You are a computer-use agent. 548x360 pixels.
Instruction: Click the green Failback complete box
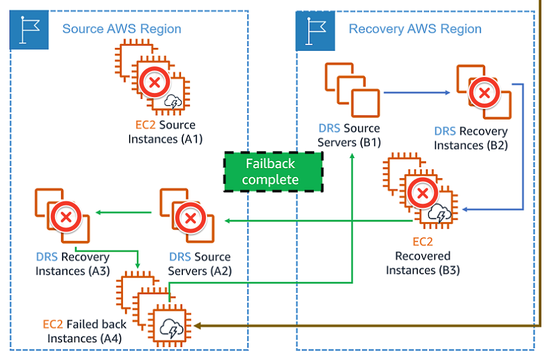coord(273,172)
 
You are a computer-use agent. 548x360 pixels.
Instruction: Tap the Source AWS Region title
coord(122,28)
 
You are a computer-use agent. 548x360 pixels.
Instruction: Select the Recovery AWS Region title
coord(415,28)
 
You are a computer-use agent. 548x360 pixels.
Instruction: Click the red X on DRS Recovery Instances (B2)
coord(483,92)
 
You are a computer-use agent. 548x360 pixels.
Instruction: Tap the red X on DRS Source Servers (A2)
coord(190,218)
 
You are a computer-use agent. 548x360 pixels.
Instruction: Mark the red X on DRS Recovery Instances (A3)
coord(66,217)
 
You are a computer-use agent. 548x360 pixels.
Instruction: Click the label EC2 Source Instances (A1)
coord(165,133)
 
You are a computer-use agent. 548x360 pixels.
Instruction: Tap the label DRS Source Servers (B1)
coord(349,136)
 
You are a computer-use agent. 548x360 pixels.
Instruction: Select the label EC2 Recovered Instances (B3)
coord(423,256)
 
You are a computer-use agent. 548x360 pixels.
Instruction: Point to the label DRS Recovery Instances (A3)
coord(72,264)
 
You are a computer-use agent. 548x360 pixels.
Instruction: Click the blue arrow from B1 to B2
coord(417,92)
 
